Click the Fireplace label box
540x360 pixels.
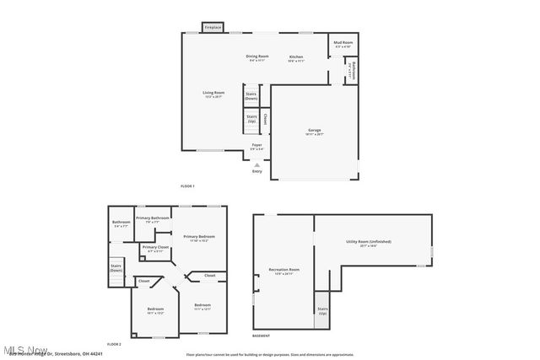tap(212, 28)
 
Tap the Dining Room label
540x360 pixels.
tap(257, 57)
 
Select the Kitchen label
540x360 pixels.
tap(296, 57)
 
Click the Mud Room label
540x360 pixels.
tap(343, 43)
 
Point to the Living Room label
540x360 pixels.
tap(213, 94)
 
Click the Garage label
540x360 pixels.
tap(314, 132)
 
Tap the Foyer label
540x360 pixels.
tap(257, 147)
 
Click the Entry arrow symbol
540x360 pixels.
tap(257, 164)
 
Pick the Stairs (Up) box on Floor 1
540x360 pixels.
tap(251, 119)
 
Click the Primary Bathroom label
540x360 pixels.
tap(154, 220)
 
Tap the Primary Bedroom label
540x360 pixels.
tap(199, 238)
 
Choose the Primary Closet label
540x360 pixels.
tap(154, 249)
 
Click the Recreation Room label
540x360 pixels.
tap(283, 271)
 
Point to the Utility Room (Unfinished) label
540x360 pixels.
tap(368, 243)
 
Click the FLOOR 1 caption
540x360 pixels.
tap(187, 185)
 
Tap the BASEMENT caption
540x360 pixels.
tap(262, 336)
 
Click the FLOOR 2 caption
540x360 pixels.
tap(114, 345)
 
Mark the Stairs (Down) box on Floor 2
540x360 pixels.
tap(116, 268)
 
